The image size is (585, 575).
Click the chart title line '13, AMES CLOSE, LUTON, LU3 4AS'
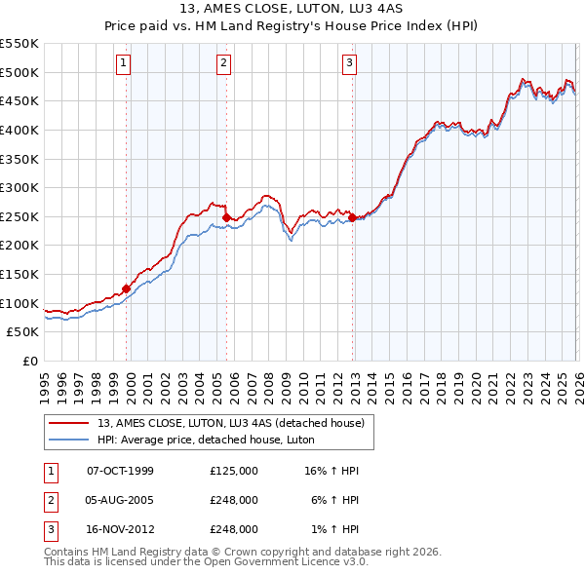(292, 9)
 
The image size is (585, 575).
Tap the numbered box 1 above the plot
(125, 64)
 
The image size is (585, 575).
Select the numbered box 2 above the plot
(224, 64)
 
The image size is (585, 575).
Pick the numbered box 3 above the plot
(349, 64)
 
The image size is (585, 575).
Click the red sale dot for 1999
(126, 288)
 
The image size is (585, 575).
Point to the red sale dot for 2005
(226, 217)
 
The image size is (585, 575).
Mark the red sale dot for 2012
(352, 217)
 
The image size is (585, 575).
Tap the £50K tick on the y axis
(23, 332)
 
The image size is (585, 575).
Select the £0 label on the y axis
(29, 362)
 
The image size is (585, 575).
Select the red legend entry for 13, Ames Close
(231, 423)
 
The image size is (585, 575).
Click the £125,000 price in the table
(234, 471)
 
